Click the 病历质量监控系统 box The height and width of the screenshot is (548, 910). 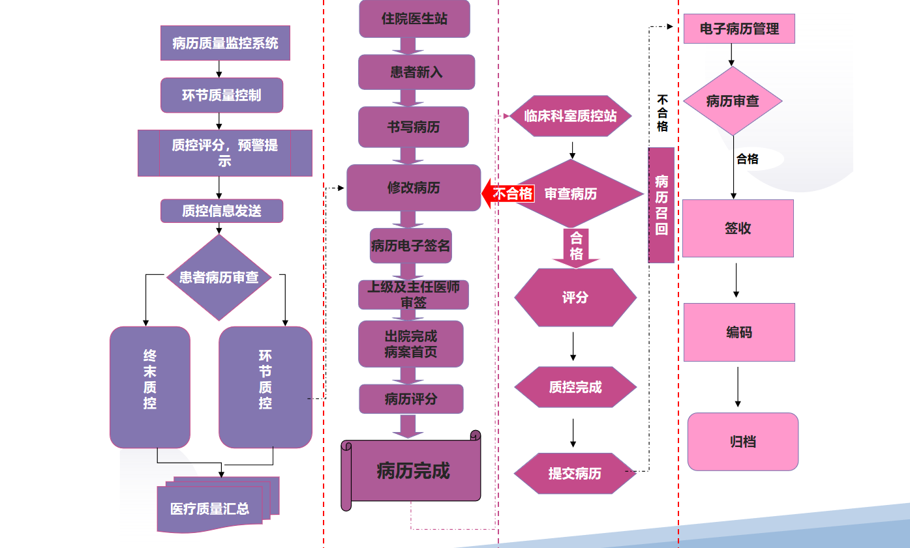pyautogui.click(x=225, y=44)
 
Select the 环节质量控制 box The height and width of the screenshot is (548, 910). pyautogui.click(x=222, y=95)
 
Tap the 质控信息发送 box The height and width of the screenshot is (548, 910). pyautogui.click(x=222, y=211)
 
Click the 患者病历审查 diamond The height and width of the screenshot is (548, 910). pyautogui.click(x=219, y=278)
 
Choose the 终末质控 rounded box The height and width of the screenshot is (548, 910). pyautogui.click(x=150, y=387)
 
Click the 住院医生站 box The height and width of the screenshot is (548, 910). pyautogui.click(x=414, y=19)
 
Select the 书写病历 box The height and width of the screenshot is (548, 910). pyautogui.click(x=414, y=127)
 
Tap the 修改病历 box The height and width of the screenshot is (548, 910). pyautogui.click(x=414, y=188)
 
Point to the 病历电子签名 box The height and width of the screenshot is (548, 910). pyautogui.click(x=411, y=246)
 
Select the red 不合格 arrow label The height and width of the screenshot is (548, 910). pyautogui.click(x=510, y=194)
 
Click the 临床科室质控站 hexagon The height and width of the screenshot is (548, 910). pyautogui.click(x=571, y=117)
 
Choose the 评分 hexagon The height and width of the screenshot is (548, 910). pyautogui.click(x=575, y=297)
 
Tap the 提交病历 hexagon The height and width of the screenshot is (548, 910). pyautogui.click(x=575, y=474)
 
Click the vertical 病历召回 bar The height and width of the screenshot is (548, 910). pyautogui.click(x=661, y=205)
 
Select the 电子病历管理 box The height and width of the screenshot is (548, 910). pyautogui.click(x=739, y=29)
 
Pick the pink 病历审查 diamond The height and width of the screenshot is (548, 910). pyautogui.click(x=733, y=101)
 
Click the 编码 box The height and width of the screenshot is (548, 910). pyautogui.click(x=739, y=332)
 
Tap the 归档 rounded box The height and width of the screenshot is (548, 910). pyautogui.click(x=743, y=442)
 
